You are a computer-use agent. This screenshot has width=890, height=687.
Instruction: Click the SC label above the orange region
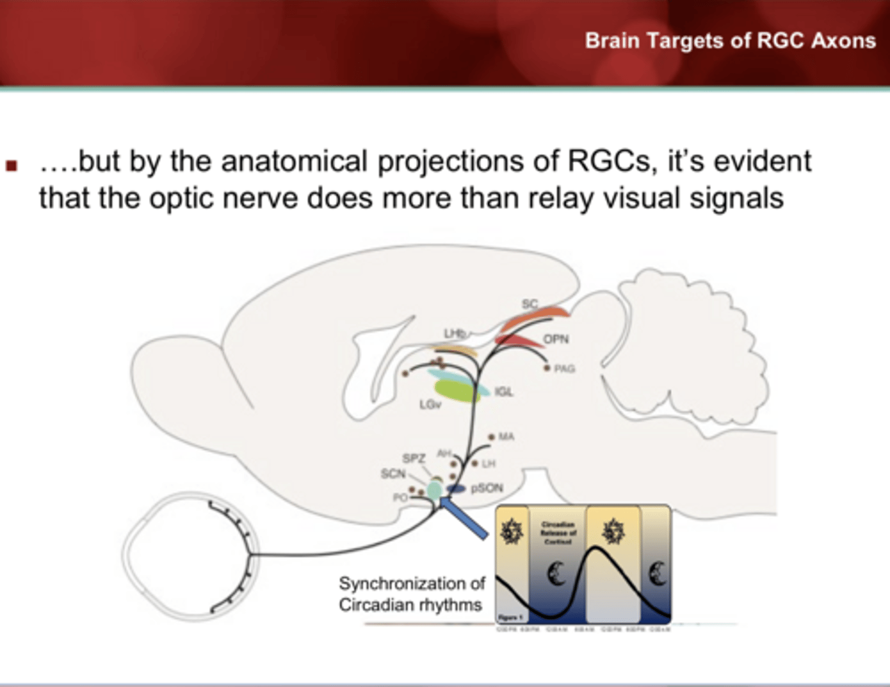(x=530, y=304)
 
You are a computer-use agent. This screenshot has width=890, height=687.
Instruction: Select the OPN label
(x=556, y=339)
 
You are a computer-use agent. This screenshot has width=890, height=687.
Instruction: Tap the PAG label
(x=564, y=369)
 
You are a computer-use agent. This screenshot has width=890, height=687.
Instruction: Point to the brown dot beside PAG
(x=547, y=368)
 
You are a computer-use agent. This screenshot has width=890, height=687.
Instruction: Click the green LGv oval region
(x=457, y=390)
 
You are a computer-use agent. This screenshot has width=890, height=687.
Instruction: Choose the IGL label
(x=504, y=391)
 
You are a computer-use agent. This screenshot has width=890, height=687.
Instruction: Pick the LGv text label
(x=430, y=404)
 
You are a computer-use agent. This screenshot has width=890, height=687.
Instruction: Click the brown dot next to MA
(x=491, y=437)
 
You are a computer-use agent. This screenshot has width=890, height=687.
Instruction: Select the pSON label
(x=487, y=488)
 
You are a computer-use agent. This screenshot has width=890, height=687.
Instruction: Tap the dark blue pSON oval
(x=456, y=489)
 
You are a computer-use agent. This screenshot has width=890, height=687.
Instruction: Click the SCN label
(x=393, y=474)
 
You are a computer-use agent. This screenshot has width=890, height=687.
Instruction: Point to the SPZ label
(x=413, y=458)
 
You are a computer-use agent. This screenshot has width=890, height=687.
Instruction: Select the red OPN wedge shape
(x=516, y=340)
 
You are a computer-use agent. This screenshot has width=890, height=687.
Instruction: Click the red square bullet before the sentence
(x=11, y=165)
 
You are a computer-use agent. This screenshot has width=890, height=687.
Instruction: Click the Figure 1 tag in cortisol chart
(x=511, y=617)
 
